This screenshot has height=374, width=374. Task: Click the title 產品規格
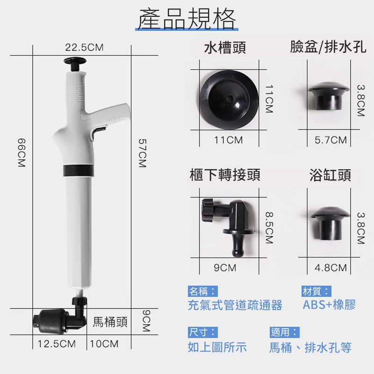187,19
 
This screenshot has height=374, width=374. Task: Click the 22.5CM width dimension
85,48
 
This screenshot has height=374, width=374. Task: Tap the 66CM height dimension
22,153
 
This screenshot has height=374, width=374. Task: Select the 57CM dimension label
143,153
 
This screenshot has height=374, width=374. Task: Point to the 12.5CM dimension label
57,344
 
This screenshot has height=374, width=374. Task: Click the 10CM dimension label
104,344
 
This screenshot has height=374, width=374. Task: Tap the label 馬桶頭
110,322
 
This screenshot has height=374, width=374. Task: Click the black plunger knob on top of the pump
75,63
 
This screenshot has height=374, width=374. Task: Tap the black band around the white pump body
79,171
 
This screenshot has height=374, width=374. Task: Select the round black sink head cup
229,100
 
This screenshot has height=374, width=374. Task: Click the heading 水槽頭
225,48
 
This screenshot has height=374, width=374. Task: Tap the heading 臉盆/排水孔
328,47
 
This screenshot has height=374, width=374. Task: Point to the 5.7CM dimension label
331,140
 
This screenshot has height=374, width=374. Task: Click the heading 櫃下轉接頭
225,174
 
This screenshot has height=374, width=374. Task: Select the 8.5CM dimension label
269,228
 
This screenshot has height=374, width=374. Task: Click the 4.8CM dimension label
331,267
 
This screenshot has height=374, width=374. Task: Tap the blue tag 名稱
202,291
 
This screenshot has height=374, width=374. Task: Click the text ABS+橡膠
329,305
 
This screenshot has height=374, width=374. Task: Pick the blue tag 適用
285,332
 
